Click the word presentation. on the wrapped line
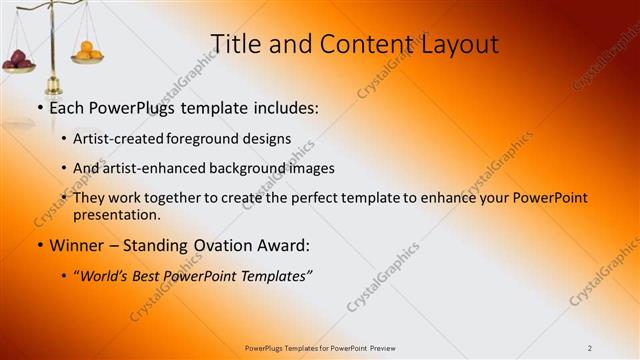tap(117, 214)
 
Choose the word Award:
tap(286, 245)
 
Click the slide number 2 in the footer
tap(590, 347)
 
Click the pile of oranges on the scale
tap(88, 50)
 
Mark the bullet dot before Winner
tap(39, 246)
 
